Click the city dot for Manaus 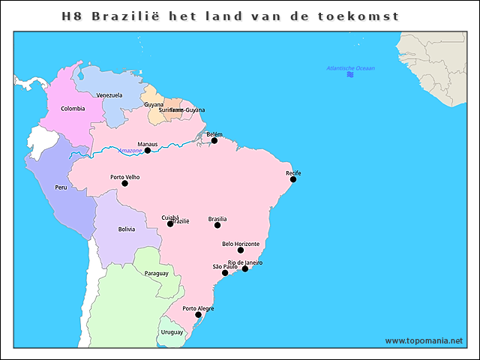click(x=148, y=150)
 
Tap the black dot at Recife click(x=293, y=179)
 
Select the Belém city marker click(x=214, y=140)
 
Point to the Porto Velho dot click(x=124, y=183)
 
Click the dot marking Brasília click(x=217, y=225)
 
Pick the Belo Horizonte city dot click(x=241, y=250)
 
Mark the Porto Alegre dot click(x=198, y=314)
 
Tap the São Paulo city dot click(x=225, y=272)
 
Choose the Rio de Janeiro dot click(x=245, y=268)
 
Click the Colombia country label click(x=73, y=108)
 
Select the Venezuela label click(x=109, y=95)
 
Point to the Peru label click(x=61, y=187)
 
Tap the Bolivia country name click(x=126, y=229)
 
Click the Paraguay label click(x=156, y=273)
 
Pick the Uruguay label click(x=172, y=331)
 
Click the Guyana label click(x=154, y=104)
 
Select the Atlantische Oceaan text click(x=350, y=68)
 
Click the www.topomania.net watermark click(x=424, y=340)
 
